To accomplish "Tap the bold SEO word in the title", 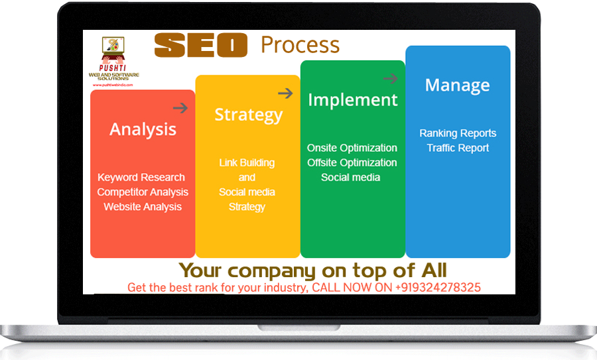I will pyautogui.click(x=200, y=45).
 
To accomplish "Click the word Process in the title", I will pyautogui.click(x=300, y=45).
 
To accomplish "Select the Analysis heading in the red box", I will pyautogui.click(x=143, y=129).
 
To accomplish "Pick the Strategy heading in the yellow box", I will pyautogui.click(x=248, y=115).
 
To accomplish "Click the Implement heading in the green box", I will pyautogui.click(x=353, y=100).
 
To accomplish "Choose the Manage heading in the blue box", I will pyautogui.click(x=458, y=86).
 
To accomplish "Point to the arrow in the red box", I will pyautogui.click(x=180, y=108).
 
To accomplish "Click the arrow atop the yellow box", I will pyautogui.click(x=285, y=93).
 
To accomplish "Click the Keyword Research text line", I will pyautogui.click(x=141, y=178).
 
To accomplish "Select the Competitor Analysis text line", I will pyautogui.click(x=143, y=192).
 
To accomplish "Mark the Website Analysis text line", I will pyautogui.click(x=143, y=207).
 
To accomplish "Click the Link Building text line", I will pyautogui.click(x=247, y=163).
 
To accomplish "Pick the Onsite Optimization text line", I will pyautogui.click(x=352, y=148).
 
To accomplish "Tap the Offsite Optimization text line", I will pyautogui.click(x=352, y=162).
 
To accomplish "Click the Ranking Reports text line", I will pyautogui.click(x=458, y=133).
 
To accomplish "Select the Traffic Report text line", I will pyautogui.click(x=458, y=148).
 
